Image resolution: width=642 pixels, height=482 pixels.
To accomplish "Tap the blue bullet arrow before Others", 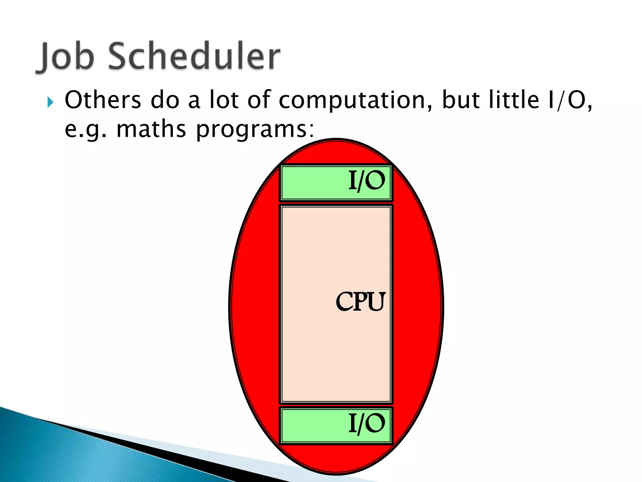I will tap(50, 102).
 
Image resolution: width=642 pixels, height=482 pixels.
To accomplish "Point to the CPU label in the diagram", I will tap(360, 302).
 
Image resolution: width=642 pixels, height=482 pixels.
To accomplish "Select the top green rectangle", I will tap(313, 183).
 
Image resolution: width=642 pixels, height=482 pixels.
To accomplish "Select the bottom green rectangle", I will tap(313, 426).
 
